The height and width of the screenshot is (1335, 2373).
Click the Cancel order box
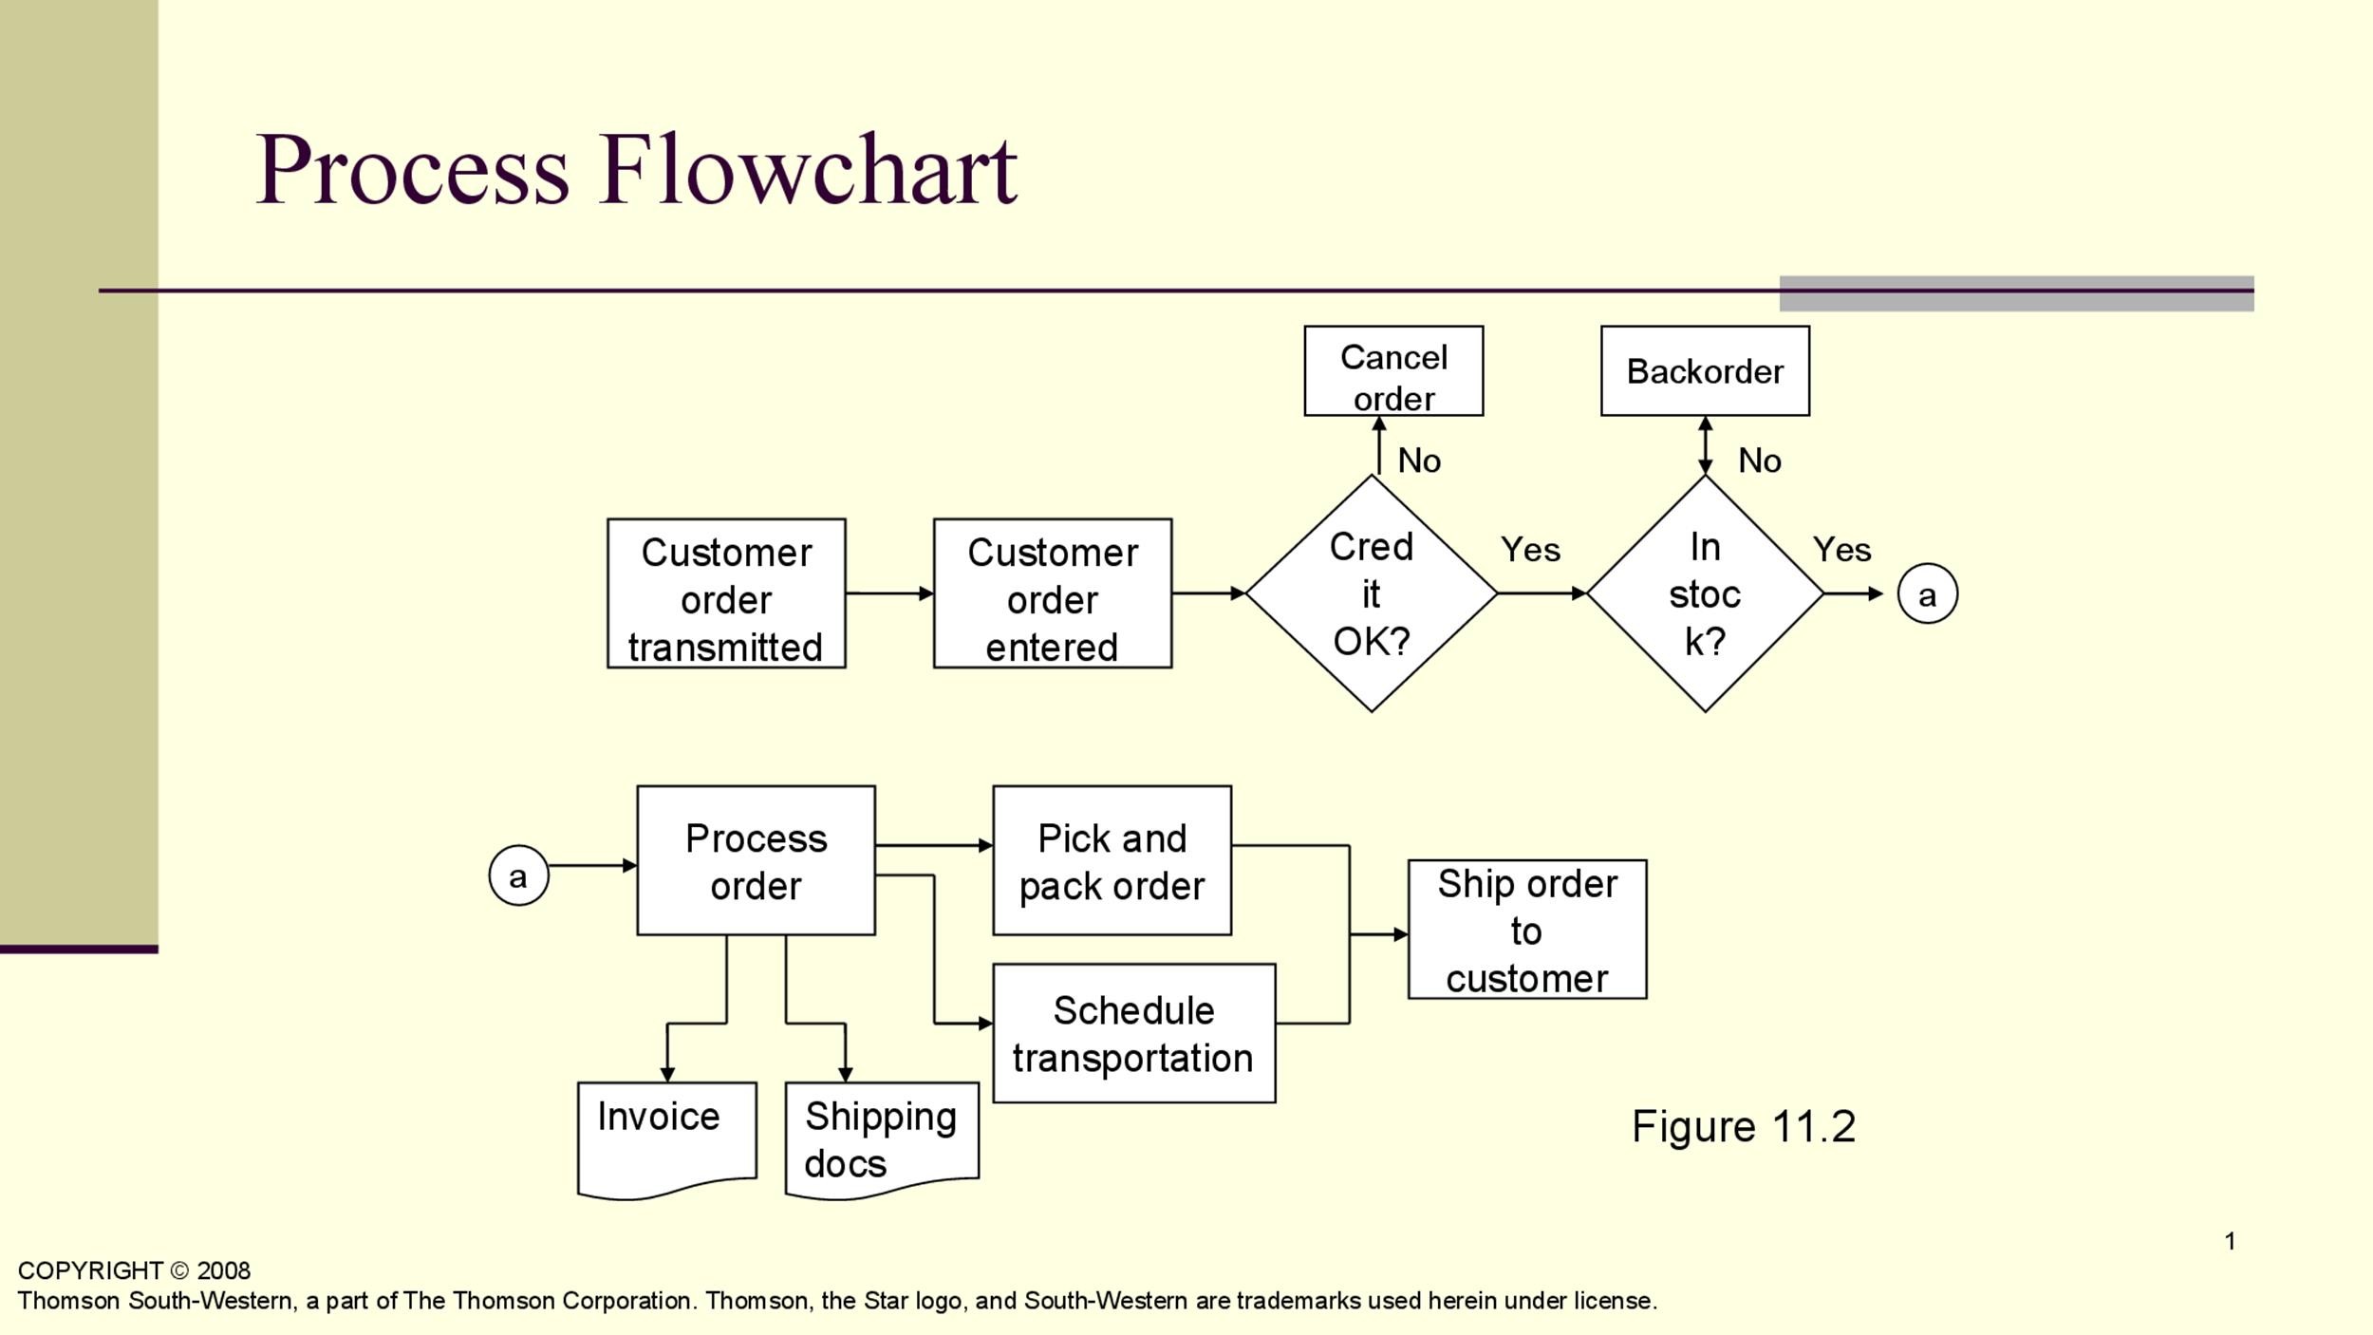(1393, 371)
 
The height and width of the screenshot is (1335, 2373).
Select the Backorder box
(1705, 371)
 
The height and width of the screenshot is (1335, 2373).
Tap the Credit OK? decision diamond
(1371, 594)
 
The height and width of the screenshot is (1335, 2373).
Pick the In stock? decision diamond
(1705, 594)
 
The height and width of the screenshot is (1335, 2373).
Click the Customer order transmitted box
(726, 593)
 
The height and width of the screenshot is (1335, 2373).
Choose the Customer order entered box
(1053, 593)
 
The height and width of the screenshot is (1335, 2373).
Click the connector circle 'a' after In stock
(1927, 594)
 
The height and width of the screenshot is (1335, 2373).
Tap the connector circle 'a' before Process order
(518, 875)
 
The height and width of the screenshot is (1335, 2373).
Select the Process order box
(756, 860)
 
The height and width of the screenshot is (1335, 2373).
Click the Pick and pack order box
(1112, 860)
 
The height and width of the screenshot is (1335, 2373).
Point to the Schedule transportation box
(1133, 1033)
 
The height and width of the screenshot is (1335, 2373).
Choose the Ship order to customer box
(1526, 930)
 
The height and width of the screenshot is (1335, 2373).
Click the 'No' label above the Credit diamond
(1419, 461)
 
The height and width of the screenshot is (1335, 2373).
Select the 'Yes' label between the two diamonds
(1530, 550)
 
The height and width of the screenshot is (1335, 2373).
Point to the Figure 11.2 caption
(1743, 1127)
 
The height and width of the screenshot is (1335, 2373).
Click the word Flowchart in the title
(808, 171)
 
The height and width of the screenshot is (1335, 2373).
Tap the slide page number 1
(2230, 1241)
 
